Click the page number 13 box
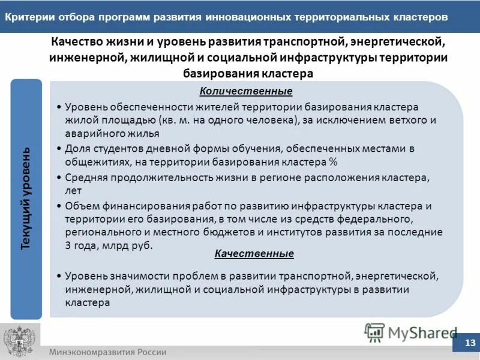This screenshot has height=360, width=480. click(470, 343)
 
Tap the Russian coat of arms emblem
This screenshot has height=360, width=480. click(19, 341)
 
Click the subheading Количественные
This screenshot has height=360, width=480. click(246, 91)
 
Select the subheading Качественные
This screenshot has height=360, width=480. click(254, 254)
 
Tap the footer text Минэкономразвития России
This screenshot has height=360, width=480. click(108, 352)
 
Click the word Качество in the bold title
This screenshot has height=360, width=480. click(76, 43)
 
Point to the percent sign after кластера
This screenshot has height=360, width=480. click(332, 163)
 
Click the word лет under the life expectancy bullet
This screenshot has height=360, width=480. click(71, 191)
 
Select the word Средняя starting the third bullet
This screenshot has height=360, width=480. click(85, 177)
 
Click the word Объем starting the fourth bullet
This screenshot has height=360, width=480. click(80, 206)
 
